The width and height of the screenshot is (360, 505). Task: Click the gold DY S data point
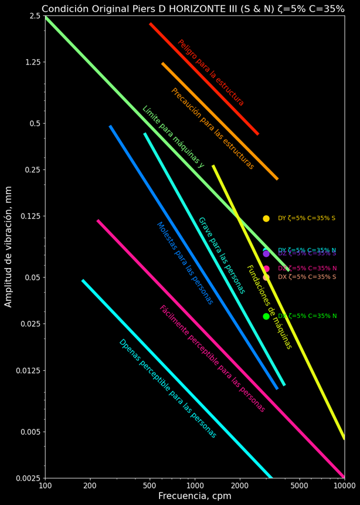pyautogui.click(x=266, y=218)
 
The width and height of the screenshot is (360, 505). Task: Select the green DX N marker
pyautogui.click(x=266, y=316)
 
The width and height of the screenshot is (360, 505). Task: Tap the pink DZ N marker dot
pyautogui.click(x=266, y=269)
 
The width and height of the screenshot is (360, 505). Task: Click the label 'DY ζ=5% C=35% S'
pyautogui.click(x=307, y=218)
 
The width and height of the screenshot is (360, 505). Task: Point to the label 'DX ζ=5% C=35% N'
pyautogui.click(x=307, y=316)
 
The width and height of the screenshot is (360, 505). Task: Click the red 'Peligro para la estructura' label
pyautogui.click(x=210, y=73)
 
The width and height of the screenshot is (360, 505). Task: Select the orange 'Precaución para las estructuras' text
pyautogui.click(x=212, y=129)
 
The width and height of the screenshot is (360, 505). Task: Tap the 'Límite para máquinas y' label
pyautogui.click(x=173, y=137)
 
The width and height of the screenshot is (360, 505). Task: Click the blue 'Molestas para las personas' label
pyautogui.click(x=185, y=263)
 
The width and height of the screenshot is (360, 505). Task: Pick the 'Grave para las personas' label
pyautogui.click(x=221, y=256)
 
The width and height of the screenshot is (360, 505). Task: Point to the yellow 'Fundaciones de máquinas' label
pyautogui.click(x=269, y=307)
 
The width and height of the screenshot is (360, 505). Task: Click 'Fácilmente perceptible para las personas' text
pyautogui.click(x=212, y=359)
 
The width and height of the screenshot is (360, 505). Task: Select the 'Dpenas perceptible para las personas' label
pyautogui.click(x=168, y=389)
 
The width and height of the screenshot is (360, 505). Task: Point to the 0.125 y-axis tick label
pyautogui.click(x=28, y=216)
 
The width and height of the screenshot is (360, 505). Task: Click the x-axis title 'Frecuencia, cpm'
pyautogui.click(x=195, y=496)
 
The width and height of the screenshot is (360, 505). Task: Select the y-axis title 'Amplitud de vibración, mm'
pyautogui.click(x=9, y=250)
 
